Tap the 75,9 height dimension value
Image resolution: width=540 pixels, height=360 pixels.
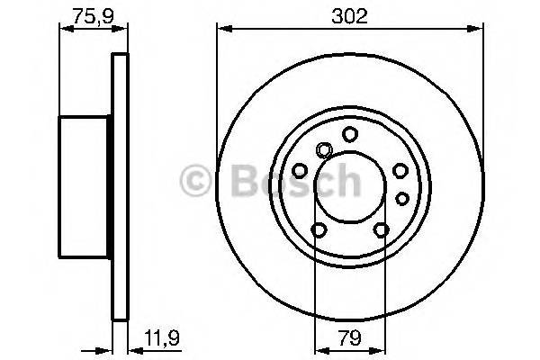[87, 15]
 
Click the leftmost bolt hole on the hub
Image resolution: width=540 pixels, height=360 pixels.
[300, 169]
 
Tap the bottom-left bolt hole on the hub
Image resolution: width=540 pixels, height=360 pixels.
[317, 231]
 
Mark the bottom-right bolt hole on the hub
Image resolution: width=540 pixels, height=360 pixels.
[380, 231]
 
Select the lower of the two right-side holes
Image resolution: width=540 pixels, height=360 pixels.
[402, 196]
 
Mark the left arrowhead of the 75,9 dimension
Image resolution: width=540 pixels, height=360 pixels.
[63, 31]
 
